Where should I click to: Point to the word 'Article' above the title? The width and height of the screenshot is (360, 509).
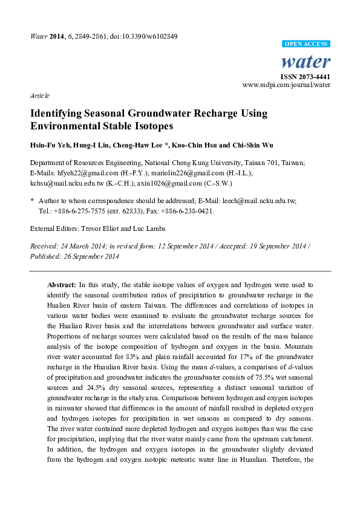pyautogui.click(x=39, y=96)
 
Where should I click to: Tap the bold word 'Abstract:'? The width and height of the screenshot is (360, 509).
pyautogui.click(x=62, y=284)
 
